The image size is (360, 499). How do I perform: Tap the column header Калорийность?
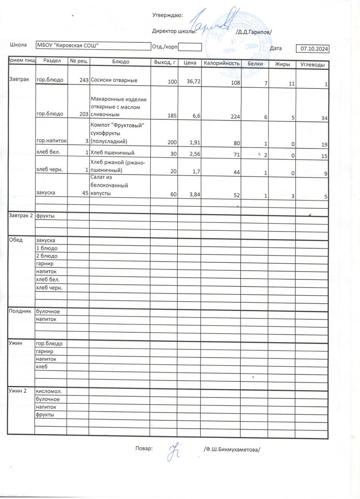pos(221,63)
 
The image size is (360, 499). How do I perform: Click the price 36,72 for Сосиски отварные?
pos(194,82)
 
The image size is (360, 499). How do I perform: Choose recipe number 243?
pos(83,80)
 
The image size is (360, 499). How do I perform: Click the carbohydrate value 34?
pos(325,119)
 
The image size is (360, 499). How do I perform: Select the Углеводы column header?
pos(312,64)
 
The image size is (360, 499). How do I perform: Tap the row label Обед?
pos(15,240)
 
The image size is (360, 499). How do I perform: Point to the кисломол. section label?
pos(49,391)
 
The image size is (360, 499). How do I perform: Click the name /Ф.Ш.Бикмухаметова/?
pos(231,450)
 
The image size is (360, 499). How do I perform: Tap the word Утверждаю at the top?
pos(168,15)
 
